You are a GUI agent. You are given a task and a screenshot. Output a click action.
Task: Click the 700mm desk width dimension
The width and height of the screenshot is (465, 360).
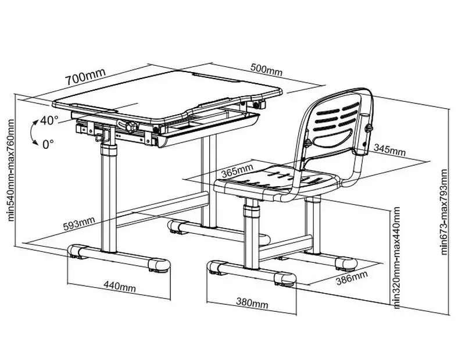click(x=85, y=76)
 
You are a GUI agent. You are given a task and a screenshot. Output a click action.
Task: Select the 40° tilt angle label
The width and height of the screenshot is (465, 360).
click(x=49, y=121)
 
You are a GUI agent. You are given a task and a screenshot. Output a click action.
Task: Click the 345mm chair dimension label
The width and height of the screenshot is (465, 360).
click(x=389, y=151)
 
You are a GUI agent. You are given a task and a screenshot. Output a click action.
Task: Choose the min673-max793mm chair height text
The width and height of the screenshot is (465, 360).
click(x=445, y=212)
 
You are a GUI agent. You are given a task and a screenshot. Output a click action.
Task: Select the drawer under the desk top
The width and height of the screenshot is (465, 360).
click(x=209, y=128)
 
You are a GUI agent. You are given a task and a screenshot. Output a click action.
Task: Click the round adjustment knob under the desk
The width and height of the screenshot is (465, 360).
click(x=128, y=126)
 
